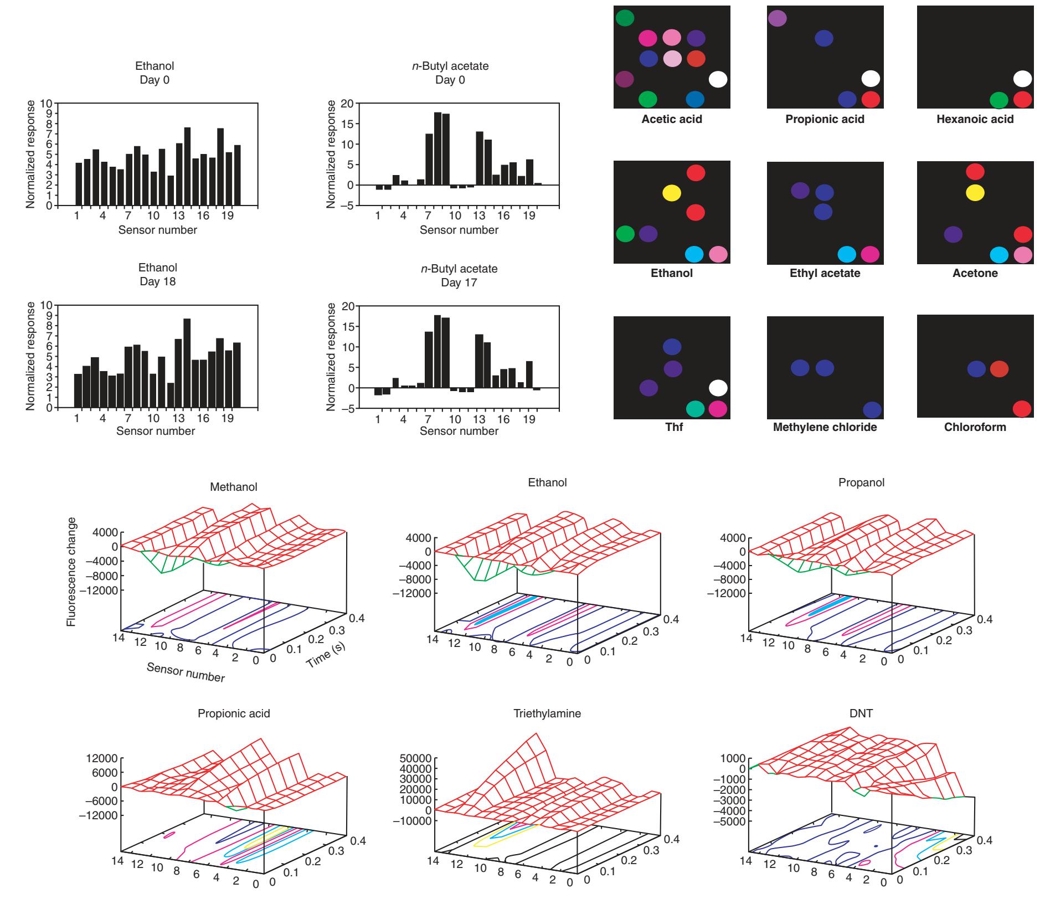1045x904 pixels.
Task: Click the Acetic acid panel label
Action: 671,119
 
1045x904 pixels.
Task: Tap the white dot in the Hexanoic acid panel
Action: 1022,79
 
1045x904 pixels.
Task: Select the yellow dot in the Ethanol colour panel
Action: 671,193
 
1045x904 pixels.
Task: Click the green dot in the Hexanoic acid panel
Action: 998,100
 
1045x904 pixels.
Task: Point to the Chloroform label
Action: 975,427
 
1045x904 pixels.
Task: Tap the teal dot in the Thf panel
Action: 695,409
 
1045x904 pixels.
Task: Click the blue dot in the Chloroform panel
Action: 976,369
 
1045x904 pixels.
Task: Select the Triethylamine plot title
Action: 547,713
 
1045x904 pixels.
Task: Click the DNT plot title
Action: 861,713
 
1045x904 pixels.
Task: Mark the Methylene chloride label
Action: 825,427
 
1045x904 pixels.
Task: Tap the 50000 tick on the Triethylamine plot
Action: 418,757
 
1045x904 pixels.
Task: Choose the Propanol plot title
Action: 861,482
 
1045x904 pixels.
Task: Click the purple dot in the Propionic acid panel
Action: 777,18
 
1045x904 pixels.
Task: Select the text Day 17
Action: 459,282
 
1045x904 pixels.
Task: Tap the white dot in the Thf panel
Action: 718,388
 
